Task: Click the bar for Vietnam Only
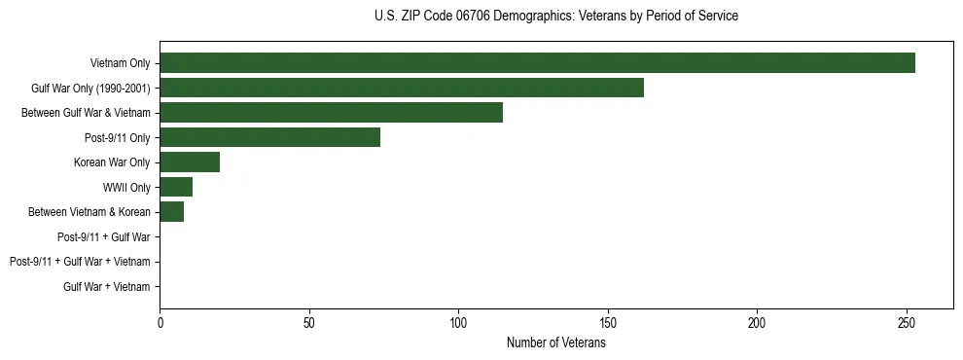click(x=537, y=63)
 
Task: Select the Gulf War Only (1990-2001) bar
click(x=402, y=88)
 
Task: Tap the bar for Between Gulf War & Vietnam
click(x=331, y=113)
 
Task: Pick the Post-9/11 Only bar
click(x=269, y=137)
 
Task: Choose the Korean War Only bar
click(x=190, y=162)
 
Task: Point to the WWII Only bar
click(x=176, y=187)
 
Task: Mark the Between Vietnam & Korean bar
click(x=171, y=212)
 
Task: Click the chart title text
click(x=555, y=17)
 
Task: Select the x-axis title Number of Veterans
click(x=555, y=342)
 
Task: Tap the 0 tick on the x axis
click(x=160, y=322)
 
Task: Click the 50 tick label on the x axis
click(x=309, y=322)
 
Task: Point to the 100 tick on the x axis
click(x=458, y=322)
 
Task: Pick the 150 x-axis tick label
click(x=608, y=322)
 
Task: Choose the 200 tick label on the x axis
click(x=757, y=322)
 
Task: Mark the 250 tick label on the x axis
click(x=907, y=322)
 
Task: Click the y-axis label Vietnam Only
click(x=120, y=63)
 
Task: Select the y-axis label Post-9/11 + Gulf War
click(x=103, y=236)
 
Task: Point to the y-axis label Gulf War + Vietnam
click(x=107, y=287)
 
